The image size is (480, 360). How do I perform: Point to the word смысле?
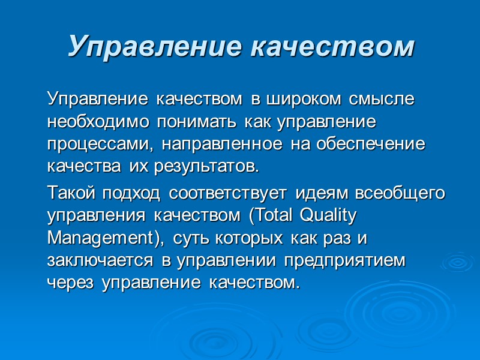click(x=380, y=98)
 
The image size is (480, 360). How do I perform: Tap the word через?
click(x=70, y=283)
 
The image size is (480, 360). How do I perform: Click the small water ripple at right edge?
click(x=461, y=263)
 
